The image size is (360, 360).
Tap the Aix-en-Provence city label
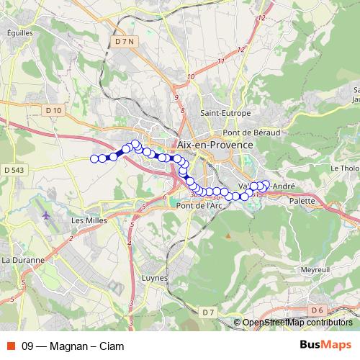(215, 145)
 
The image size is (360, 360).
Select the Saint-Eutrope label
(225, 113)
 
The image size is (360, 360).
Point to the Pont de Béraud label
(248, 132)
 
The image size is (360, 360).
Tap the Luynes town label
(155, 277)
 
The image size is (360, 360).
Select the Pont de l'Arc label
(199, 205)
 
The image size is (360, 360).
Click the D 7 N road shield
(125, 42)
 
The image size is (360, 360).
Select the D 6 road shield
(318, 310)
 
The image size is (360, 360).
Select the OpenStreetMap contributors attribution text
(297, 323)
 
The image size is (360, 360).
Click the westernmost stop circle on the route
(94, 158)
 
